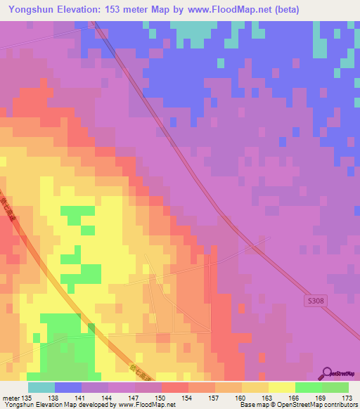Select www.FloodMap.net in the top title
(224, 9)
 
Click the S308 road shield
(316, 300)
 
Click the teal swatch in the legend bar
(41, 387)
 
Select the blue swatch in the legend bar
(68, 387)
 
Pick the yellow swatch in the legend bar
(282, 387)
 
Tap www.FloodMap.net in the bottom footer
(142, 405)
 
